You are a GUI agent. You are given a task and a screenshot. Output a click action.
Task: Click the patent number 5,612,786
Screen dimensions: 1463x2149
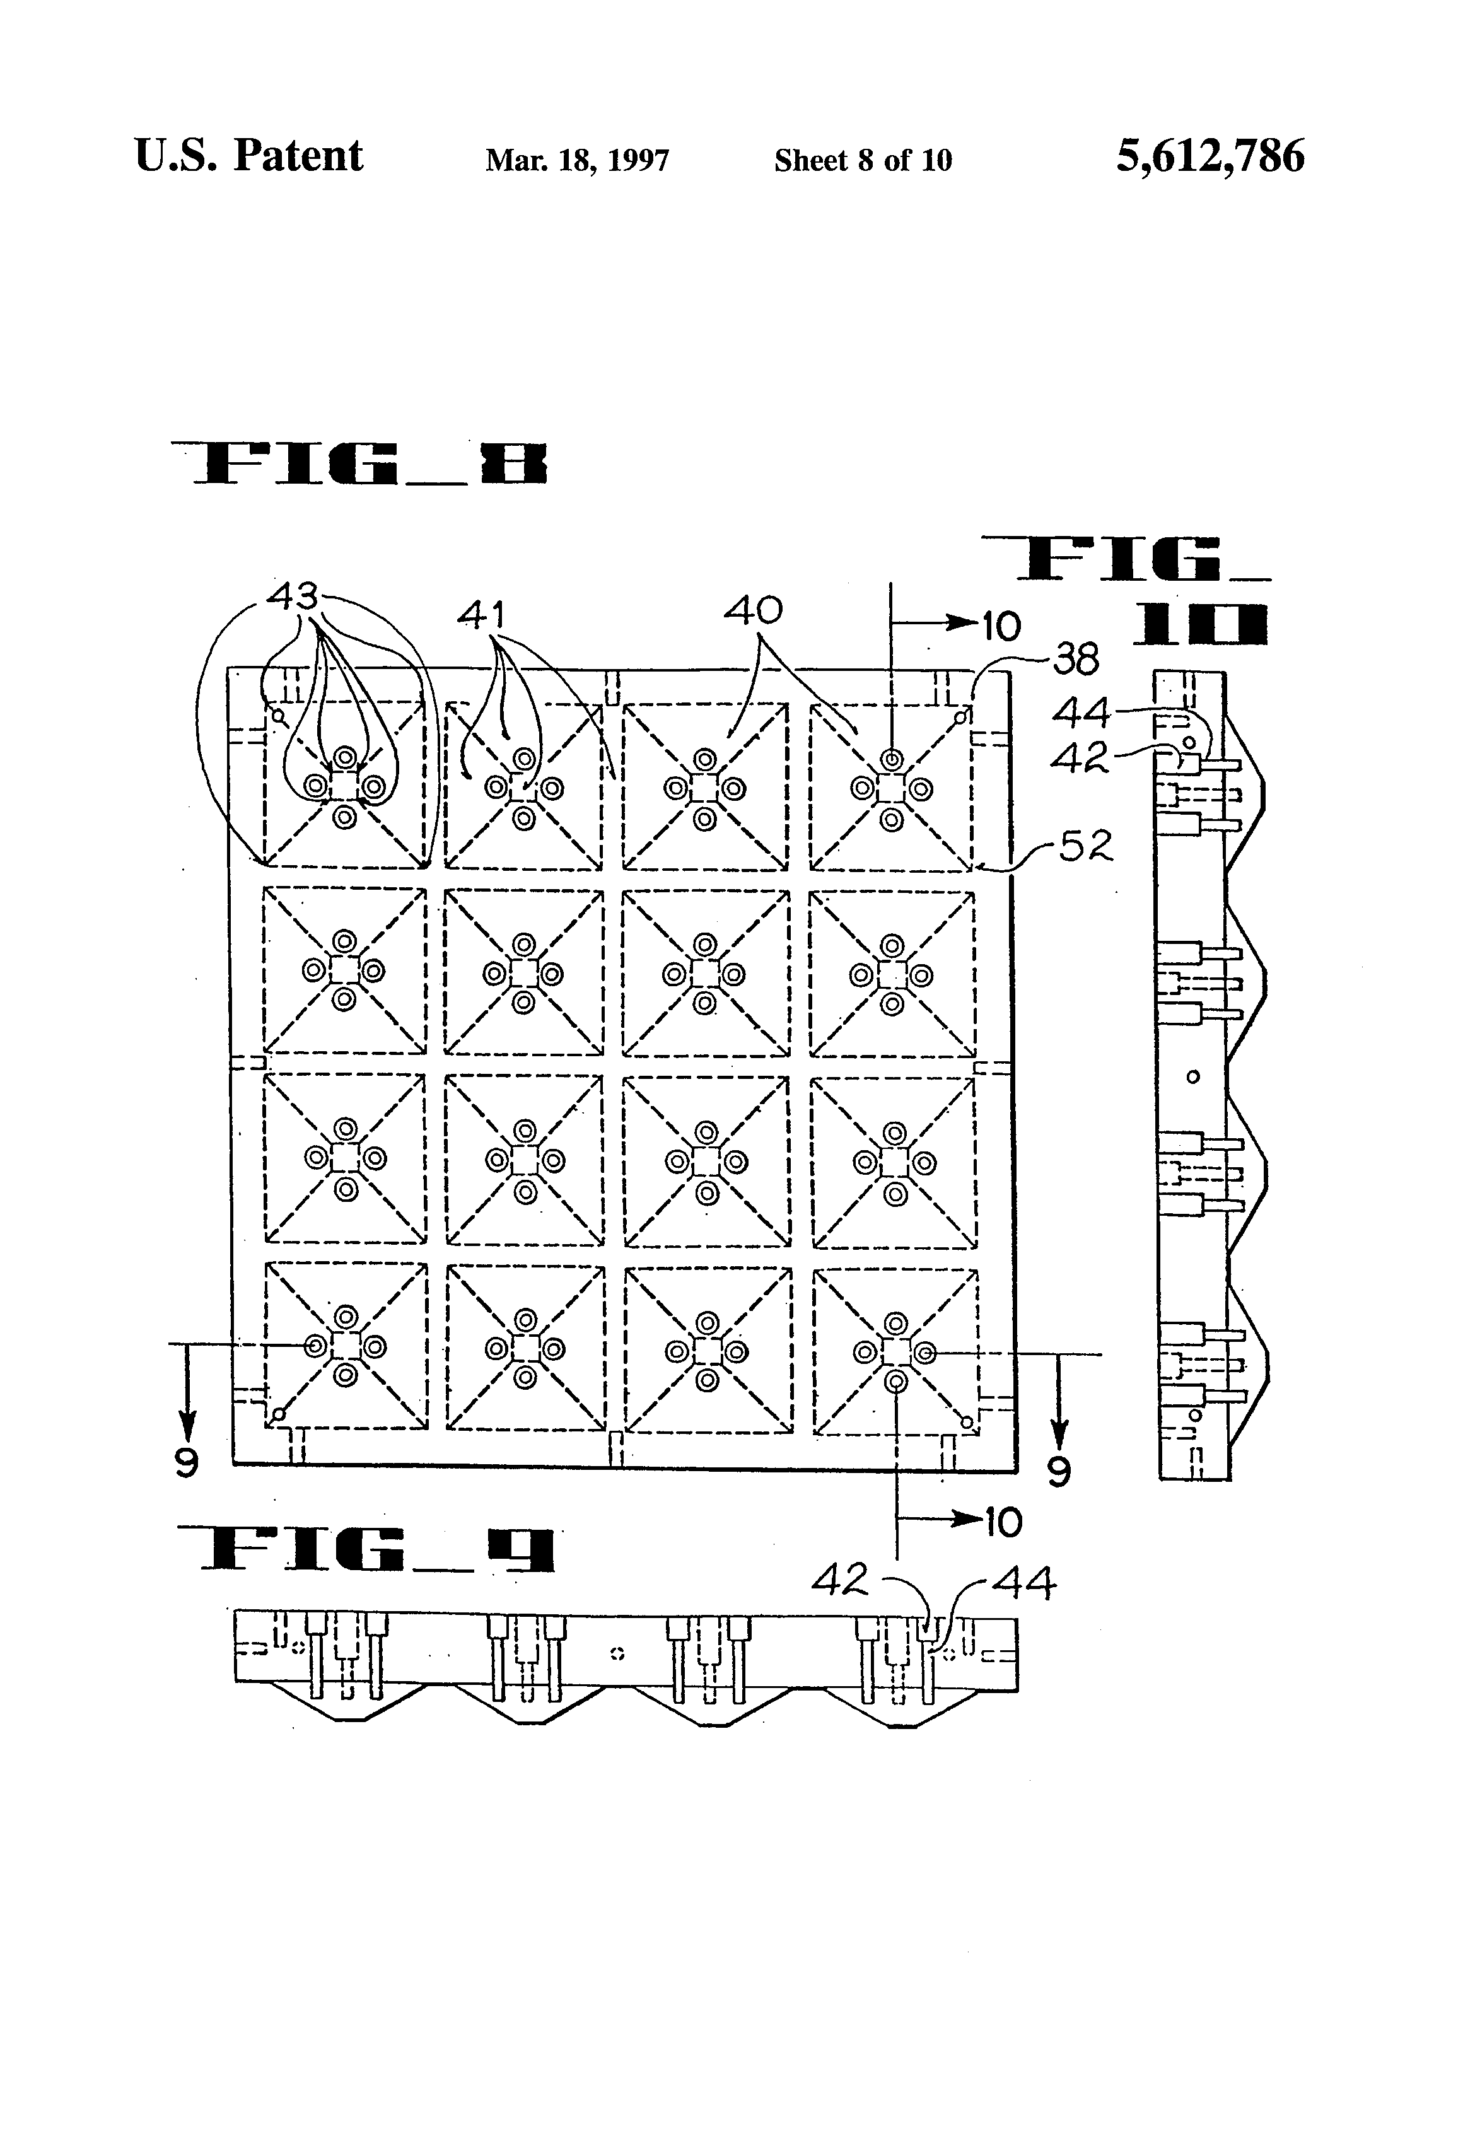(1209, 156)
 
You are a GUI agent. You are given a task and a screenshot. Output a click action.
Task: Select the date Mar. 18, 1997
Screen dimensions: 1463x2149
(577, 161)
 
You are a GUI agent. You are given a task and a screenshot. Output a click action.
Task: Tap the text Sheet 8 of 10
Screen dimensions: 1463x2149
(863, 161)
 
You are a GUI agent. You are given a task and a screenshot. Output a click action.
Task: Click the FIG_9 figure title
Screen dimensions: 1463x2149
(366, 1550)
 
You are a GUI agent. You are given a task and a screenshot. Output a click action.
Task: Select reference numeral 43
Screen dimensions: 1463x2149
(292, 595)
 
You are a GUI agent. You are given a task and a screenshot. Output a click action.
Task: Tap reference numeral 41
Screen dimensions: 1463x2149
(482, 615)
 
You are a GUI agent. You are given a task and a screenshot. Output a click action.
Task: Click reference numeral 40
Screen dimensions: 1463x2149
(753, 610)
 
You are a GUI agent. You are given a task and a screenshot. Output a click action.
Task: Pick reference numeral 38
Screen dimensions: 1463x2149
(1076, 660)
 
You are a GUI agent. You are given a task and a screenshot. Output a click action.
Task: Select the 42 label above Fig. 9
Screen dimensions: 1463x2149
(840, 1580)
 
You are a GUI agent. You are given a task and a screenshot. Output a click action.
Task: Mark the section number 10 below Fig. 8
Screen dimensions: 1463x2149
(1003, 1523)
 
